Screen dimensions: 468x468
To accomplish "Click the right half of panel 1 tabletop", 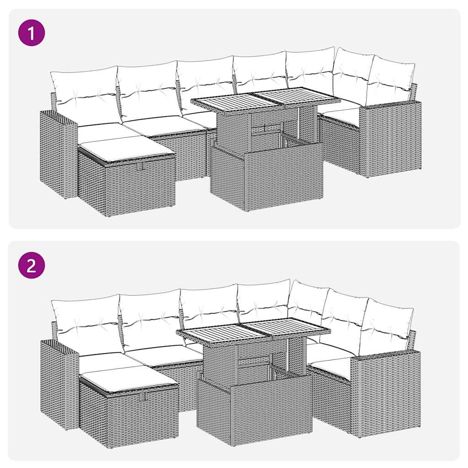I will point(297,96).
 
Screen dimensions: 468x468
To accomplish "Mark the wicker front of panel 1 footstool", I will point(139,185).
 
